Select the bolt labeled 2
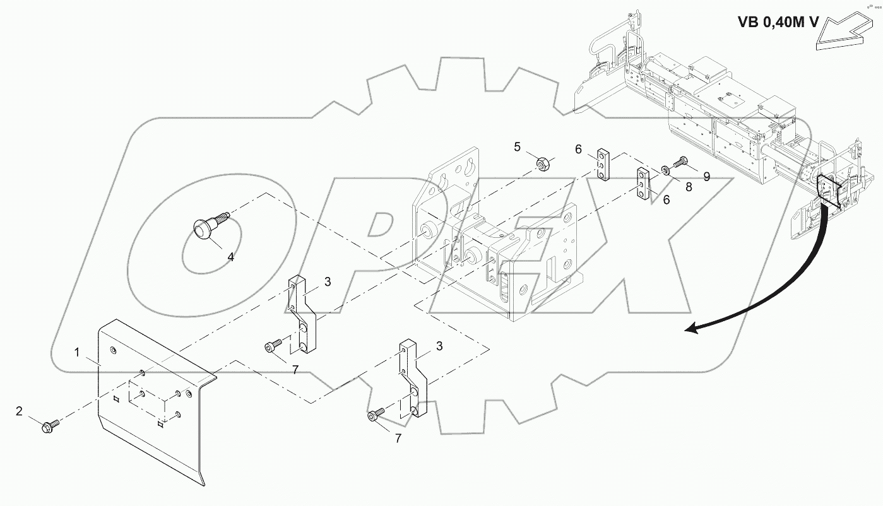(49, 427)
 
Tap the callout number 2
(20, 412)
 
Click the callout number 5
(517, 147)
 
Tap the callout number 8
(689, 187)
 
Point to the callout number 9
(707, 177)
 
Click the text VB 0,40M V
(778, 22)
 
